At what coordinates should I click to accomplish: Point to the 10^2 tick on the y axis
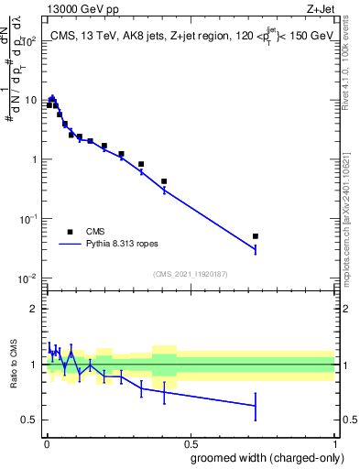[28, 41]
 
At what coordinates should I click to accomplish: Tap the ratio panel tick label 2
[34, 309]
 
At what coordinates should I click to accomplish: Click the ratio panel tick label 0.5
[30, 420]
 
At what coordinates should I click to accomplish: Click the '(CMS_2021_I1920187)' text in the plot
[191, 274]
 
